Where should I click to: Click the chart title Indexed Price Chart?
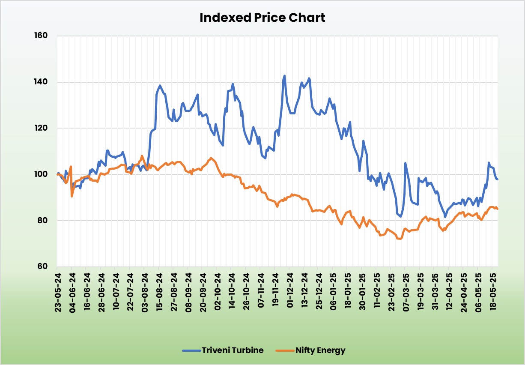coord(262,18)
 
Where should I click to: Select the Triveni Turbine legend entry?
coord(223,350)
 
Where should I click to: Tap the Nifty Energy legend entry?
coord(310,350)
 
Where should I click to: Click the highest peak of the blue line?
coord(284,76)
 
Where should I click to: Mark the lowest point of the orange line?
coord(400,239)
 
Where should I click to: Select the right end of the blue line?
coord(498,179)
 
